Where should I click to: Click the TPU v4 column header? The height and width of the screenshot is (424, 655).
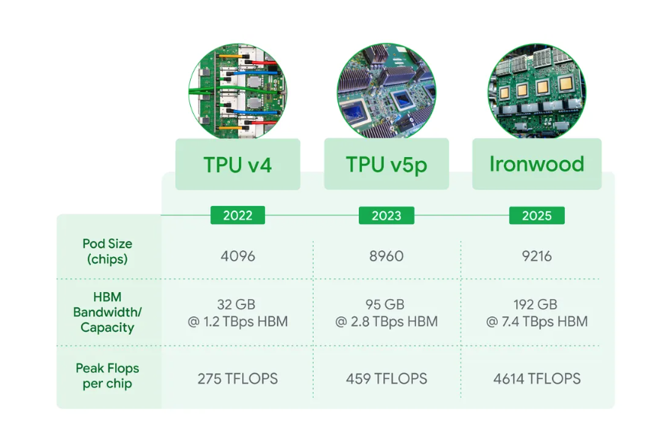pyautogui.click(x=237, y=165)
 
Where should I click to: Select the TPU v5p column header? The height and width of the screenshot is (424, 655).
pyautogui.click(x=386, y=164)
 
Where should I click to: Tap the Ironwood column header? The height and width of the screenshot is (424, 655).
pyautogui.click(x=537, y=164)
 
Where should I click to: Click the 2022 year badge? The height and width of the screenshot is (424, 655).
pyautogui.click(x=237, y=215)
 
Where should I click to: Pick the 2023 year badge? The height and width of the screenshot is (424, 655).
pyautogui.click(x=386, y=215)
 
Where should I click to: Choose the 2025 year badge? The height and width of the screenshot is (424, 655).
pyautogui.click(x=537, y=215)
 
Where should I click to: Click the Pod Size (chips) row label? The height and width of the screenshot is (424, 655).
pyautogui.click(x=108, y=251)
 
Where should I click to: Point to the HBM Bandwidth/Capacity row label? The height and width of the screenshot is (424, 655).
pyautogui.click(x=108, y=312)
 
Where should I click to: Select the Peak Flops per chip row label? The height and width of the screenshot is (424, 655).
pyautogui.click(x=108, y=376)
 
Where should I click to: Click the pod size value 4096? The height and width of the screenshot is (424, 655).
pyautogui.click(x=237, y=255)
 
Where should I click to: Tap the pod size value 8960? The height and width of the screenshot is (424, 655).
pyautogui.click(x=386, y=255)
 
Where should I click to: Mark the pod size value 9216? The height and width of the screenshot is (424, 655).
pyautogui.click(x=537, y=255)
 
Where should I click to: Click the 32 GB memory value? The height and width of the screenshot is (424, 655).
pyautogui.click(x=236, y=304)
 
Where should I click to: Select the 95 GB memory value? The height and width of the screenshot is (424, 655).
pyautogui.click(x=385, y=304)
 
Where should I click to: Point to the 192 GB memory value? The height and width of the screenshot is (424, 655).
pyautogui.click(x=535, y=304)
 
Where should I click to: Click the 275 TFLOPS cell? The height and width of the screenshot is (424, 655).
pyautogui.click(x=237, y=378)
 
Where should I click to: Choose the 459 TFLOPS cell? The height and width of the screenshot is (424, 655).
pyautogui.click(x=386, y=378)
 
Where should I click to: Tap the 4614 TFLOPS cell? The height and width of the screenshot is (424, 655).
pyautogui.click(x=537, y=378)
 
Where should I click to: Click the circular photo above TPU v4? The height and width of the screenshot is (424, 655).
pyautogui.click(x=237, y=92)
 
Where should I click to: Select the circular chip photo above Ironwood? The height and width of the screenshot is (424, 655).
pyautogui.click(x=537, y=92)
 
